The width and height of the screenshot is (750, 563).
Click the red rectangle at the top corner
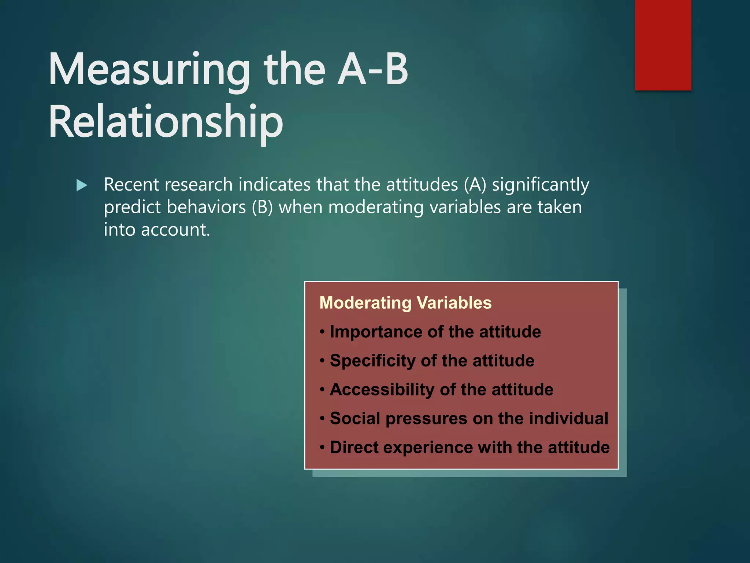(x=663, y=45)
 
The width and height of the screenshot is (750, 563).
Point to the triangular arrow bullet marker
(x=82, y=185)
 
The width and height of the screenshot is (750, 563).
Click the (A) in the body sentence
(x=475, y=185)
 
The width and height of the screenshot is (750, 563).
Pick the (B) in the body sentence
(x=262, y=207)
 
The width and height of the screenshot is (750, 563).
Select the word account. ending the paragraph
(x=175, y=230)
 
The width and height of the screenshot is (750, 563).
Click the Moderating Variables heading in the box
(x=405, y=303)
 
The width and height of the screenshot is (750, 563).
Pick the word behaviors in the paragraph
(x=206, y=207)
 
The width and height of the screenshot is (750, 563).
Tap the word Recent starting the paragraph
(x=131, y=185)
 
